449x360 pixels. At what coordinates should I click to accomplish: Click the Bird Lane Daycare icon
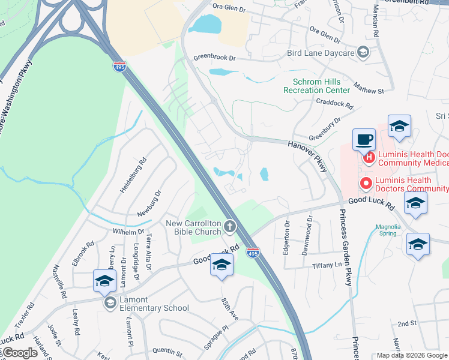coord(363,53)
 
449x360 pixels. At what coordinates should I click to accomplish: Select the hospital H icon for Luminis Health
coord(370,158)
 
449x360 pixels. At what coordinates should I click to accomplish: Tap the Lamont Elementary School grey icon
coord(110,303)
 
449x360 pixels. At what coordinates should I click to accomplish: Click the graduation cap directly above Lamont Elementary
coord(104,281)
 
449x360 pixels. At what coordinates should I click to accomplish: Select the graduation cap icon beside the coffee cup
coord(399,126)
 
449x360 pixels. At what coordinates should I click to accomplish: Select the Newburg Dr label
coord(149,203)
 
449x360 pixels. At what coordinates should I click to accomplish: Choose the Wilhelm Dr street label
coord(129,232)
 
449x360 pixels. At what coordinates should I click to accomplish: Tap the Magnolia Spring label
coord(388,230)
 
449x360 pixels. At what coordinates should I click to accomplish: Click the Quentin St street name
coord(167,350)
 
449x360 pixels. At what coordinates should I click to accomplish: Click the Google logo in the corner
coord(19,353)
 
